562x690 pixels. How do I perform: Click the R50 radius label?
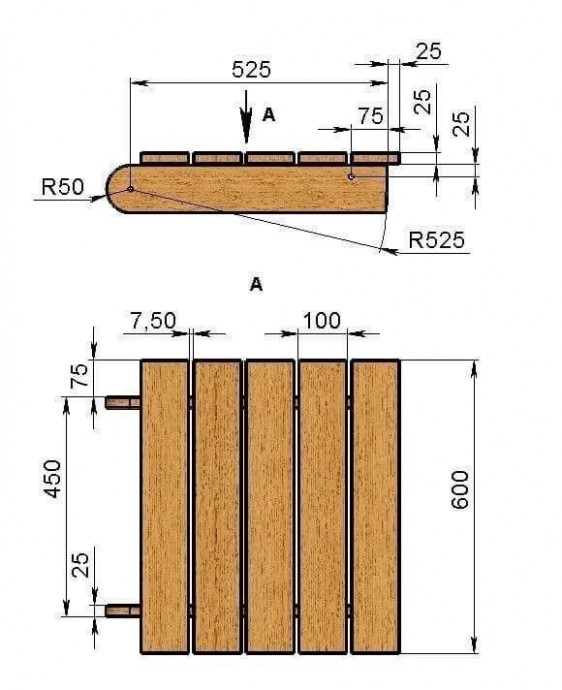point(62,187)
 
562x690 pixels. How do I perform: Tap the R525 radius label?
point(436,240)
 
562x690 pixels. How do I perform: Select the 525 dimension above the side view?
point(251,70)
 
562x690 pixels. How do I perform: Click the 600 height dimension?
point(460,490)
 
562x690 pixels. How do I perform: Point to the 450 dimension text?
point(53,478)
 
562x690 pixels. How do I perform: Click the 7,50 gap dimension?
point(153,320)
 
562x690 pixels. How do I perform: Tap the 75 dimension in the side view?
point(371,116)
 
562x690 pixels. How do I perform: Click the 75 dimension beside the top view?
point(80,375)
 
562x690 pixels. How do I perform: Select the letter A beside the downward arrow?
point(268,115)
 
